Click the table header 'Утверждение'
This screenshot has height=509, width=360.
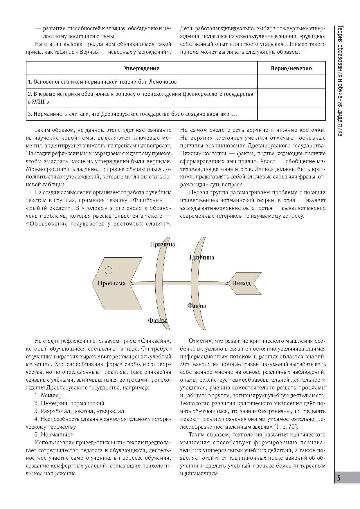click(x=142, y=68)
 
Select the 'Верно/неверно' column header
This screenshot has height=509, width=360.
click(x=291, y=68)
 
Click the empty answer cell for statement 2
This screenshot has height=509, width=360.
click(x=291, y=98)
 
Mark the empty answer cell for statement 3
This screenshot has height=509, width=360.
click(x=291, y=114)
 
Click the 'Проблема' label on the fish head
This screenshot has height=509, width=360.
click(x=111, y=284)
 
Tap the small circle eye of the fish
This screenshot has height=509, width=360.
click(x=108, y=270)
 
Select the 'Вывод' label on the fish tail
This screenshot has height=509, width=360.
click(x=241, y=284)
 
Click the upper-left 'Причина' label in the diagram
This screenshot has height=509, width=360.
click(x=162, y=244)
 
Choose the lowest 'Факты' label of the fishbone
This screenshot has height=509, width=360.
click(x=158, y=321)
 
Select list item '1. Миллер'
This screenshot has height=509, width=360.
click(x=48, y=395)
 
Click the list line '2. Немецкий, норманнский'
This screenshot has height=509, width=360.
click(x=69, y=403)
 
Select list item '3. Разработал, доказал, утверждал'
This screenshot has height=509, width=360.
click(x=79, y=411)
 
